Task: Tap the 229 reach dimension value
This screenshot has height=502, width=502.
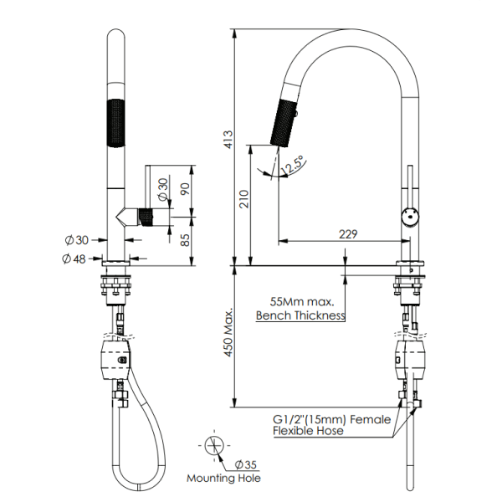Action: (350, 235)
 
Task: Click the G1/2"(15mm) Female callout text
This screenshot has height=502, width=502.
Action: (330, 418)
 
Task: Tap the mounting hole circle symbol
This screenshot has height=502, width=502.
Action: (215, 445)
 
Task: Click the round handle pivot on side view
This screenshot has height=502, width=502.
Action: (410, 216)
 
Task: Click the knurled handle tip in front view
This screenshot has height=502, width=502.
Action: (146, 218)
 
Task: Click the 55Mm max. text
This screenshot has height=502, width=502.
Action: (302, 301)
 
